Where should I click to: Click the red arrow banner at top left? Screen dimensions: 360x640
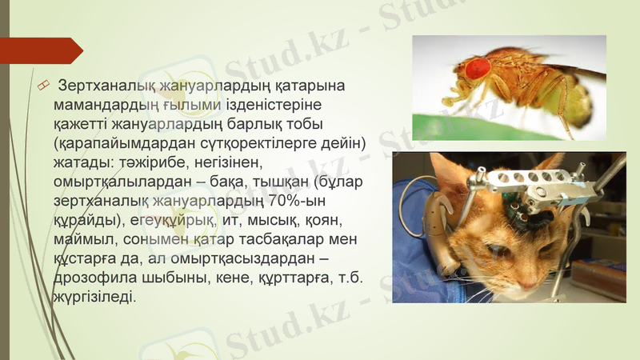(40, 50)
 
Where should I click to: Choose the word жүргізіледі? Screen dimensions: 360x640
(94, 298)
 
